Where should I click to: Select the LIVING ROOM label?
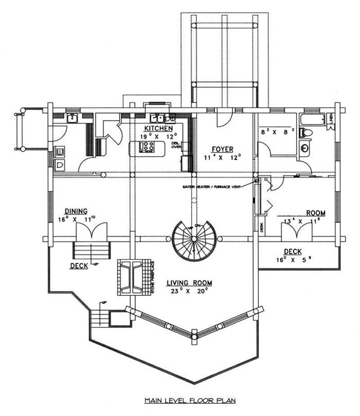(x=189, y=283)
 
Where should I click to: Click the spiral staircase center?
(x=194, y=239)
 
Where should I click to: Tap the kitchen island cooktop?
(x=148, y=146)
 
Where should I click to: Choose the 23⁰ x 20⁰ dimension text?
(x=189, y=291)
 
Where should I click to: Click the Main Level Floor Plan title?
(x=190, y=400)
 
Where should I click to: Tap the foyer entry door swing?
(x=223, y=119)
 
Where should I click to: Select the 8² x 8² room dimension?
(x=277, y=132)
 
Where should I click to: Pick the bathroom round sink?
(x=306, y=147)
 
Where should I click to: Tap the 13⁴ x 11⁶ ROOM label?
(x=316, y=213)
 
